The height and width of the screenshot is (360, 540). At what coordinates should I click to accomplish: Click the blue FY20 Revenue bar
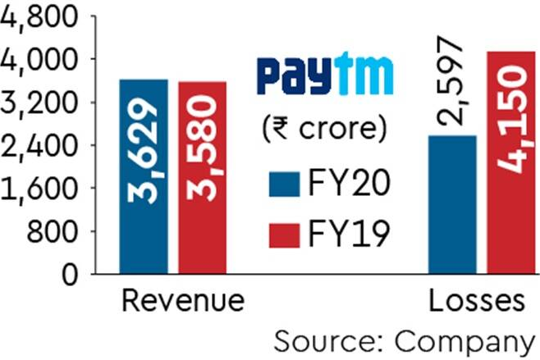point(144,176)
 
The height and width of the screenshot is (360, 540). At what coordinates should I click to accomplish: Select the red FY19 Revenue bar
point(202,177)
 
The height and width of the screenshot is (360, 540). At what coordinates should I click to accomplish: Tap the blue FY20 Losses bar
point(452,204)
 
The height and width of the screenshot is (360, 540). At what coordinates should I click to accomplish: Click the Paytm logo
point(325,75)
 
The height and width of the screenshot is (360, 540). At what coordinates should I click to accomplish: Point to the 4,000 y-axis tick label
point(39,60)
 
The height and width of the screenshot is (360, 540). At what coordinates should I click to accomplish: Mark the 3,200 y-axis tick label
point(39,103)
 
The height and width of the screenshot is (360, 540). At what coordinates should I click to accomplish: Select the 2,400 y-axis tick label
point(39,146)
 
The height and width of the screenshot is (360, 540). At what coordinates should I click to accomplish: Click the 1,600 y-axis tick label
point(39,189)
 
